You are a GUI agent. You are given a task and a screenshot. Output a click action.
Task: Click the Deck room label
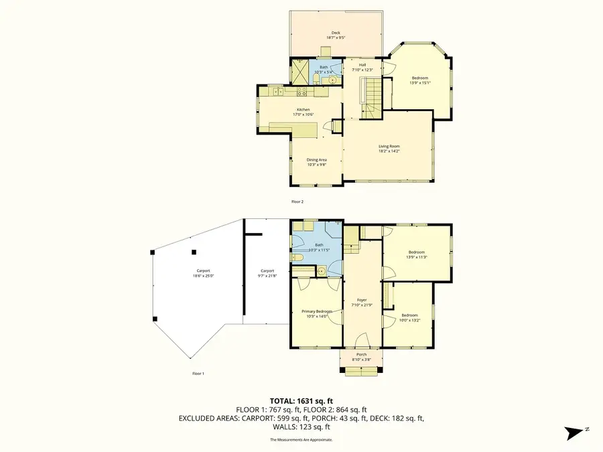coord(336,33)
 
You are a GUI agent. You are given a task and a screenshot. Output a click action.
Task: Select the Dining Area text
coord(316,159)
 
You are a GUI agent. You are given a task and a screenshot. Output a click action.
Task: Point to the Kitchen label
coord(304,110)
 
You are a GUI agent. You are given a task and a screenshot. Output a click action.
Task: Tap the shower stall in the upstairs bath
coord(300,70)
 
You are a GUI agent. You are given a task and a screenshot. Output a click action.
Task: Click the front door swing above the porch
coord(362,340)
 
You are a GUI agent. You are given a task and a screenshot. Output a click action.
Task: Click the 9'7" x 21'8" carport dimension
coord(267,275)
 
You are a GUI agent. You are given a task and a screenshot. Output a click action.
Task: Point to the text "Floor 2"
coord(297,201)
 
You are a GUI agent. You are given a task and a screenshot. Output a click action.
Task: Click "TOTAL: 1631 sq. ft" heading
coord(301,400)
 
